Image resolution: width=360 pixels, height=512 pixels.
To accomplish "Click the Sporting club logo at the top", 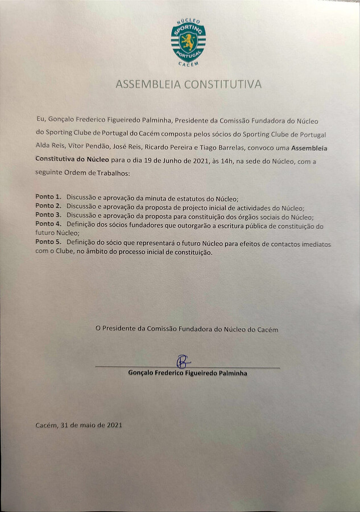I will pyautogui.click(x=188, y=42).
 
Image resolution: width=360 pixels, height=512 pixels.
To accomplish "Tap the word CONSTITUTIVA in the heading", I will pyautogui.click(x=226, y=84).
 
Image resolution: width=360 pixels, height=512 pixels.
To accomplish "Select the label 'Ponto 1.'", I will pyautogui.click(x=48, y=197).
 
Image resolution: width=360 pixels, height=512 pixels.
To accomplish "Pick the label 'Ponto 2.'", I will pyautogui.click(x=48, y=205).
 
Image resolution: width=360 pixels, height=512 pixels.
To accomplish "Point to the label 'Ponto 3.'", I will pyautogui.click(x=48, y=215).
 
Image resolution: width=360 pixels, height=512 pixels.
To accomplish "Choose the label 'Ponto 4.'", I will pyautogui.click(x=48, y=224).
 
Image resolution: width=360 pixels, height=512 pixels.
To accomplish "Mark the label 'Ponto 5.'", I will pyautogui.click(x=48, y=243).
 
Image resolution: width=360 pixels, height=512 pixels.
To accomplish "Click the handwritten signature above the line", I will pyautogui.click(x=183, y=361).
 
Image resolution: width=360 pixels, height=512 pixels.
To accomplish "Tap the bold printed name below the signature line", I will pyautogui.click(x=188, y=374).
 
